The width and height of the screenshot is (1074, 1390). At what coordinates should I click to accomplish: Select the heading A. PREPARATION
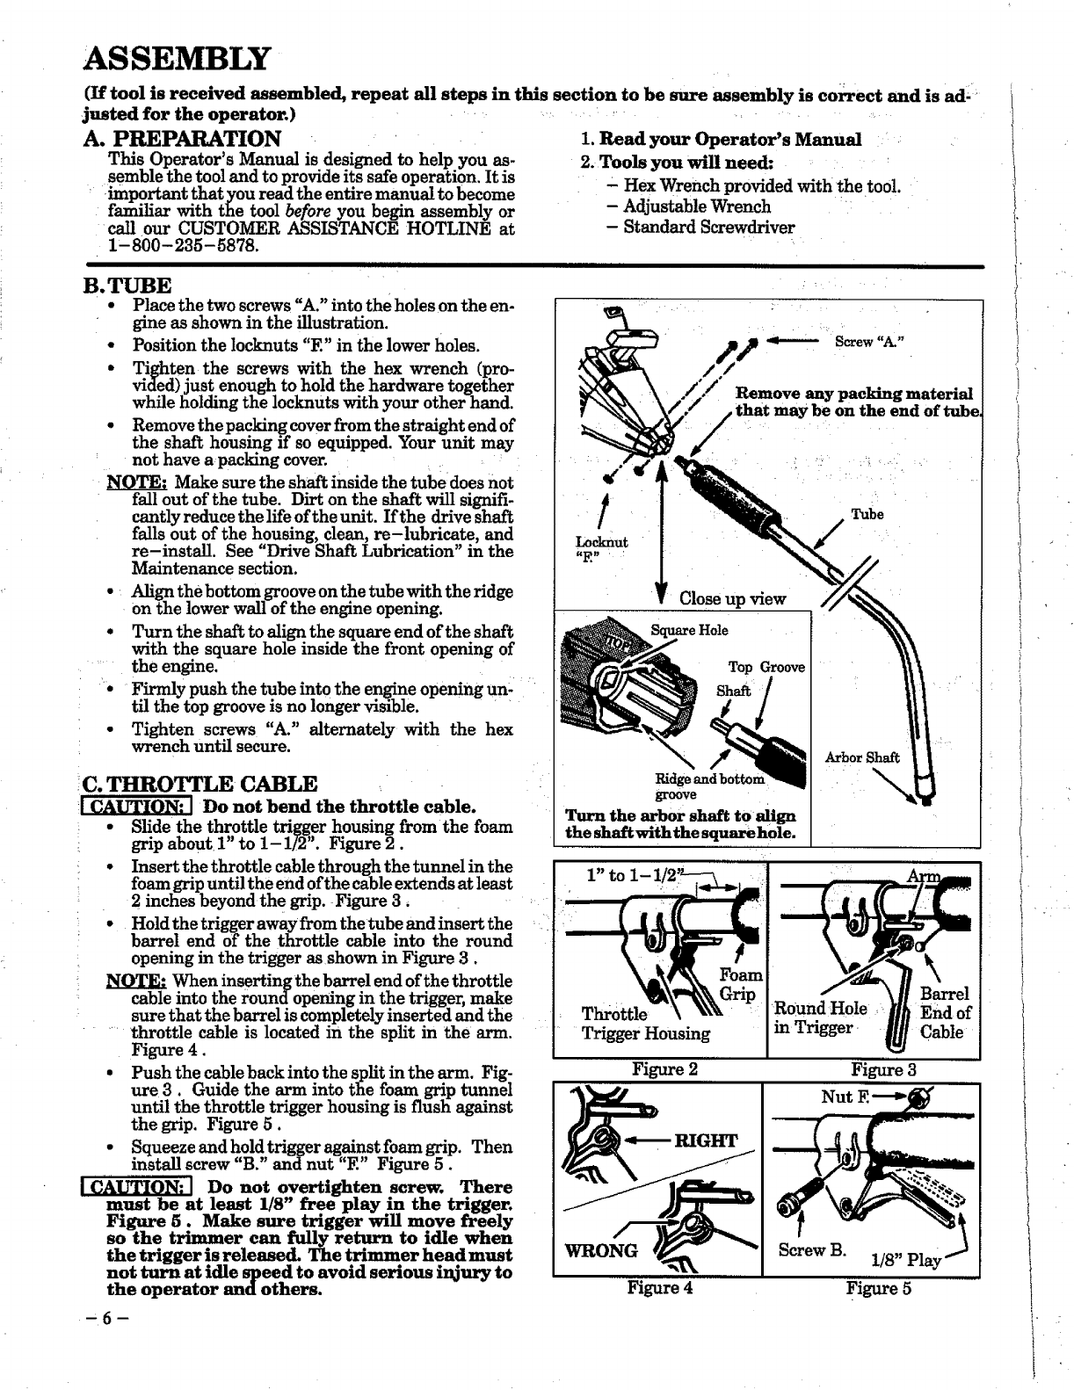point(182,139)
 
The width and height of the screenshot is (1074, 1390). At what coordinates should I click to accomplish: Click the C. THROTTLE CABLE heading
point(200,784)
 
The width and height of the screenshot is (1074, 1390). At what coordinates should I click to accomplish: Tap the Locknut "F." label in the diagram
point(601,549)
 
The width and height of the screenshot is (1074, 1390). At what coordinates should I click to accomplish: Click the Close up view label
point(733,598)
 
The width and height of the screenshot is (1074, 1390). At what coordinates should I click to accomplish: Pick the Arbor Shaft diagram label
point(862,757)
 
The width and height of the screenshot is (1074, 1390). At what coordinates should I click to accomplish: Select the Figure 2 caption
point(664,1069)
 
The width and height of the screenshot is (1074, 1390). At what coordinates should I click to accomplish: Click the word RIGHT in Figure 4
point(704,1140)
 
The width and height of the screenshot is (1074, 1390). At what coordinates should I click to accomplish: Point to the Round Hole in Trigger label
point(820,1017)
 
